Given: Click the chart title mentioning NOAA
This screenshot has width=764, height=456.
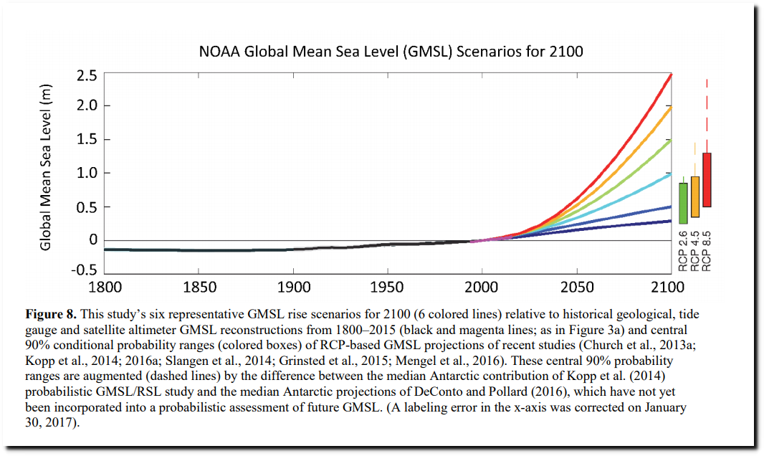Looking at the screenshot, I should pos(391,52).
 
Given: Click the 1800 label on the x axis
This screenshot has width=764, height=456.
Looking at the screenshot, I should pos(105,288).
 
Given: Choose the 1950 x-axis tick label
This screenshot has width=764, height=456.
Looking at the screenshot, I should pos(388,288).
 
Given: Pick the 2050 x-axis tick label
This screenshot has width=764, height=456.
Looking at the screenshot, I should pos(576,288).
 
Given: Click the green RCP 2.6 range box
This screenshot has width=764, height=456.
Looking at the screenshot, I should pos(683,203).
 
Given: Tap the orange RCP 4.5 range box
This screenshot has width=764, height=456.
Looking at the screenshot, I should pos(694,196).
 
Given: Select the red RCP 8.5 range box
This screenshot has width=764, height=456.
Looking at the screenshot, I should pos(707,179).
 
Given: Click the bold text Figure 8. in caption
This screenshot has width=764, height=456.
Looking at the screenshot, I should pos(52,315).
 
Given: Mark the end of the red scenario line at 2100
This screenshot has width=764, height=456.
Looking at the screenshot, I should pos(670,75).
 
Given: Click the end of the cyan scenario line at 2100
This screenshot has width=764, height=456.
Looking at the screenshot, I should pos(670,174).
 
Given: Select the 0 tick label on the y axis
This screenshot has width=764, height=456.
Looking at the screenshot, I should pos(93,239).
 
